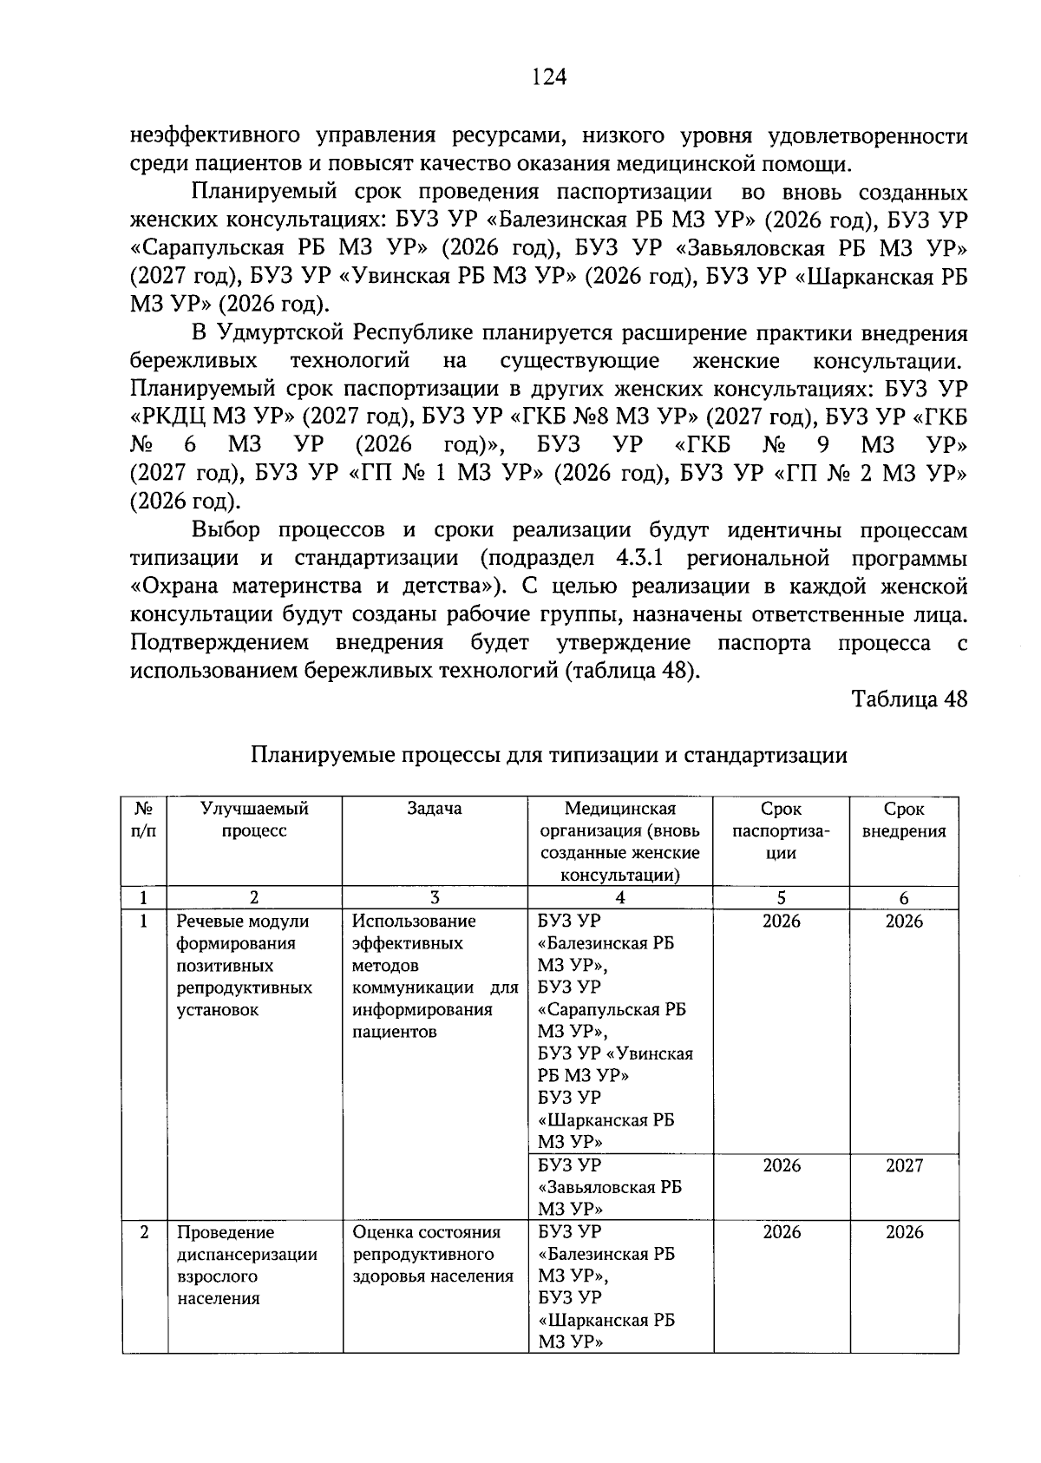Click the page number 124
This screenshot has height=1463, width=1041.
pos(548,78)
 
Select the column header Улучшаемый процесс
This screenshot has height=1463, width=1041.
pos(254,820)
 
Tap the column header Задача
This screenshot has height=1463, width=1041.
pos(435,809)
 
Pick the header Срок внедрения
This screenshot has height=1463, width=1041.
pos(904,820)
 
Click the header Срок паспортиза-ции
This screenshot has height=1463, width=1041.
pos(781,831)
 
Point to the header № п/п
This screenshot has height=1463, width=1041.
pos(144,820)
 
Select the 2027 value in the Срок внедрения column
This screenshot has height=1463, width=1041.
pos(904,1166)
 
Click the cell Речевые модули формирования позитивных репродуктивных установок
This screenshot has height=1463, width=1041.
pos(246,965)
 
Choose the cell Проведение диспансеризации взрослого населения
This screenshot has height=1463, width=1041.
pos(246,1265)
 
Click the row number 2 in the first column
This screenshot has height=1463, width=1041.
pos(144,1232)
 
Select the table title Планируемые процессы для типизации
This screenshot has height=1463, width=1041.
pos(548,756)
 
